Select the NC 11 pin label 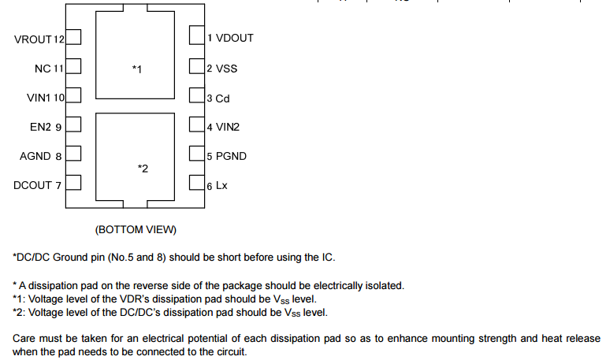tap(49, 69)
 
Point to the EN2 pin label tap(46, 127)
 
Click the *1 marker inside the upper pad tap(137, 70)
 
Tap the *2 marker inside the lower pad tap(143, 168)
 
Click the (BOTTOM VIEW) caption tap(136, 229)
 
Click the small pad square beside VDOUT tap(196, 37)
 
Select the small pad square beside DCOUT tap(73, 184)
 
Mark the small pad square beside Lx tap(196, 184)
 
